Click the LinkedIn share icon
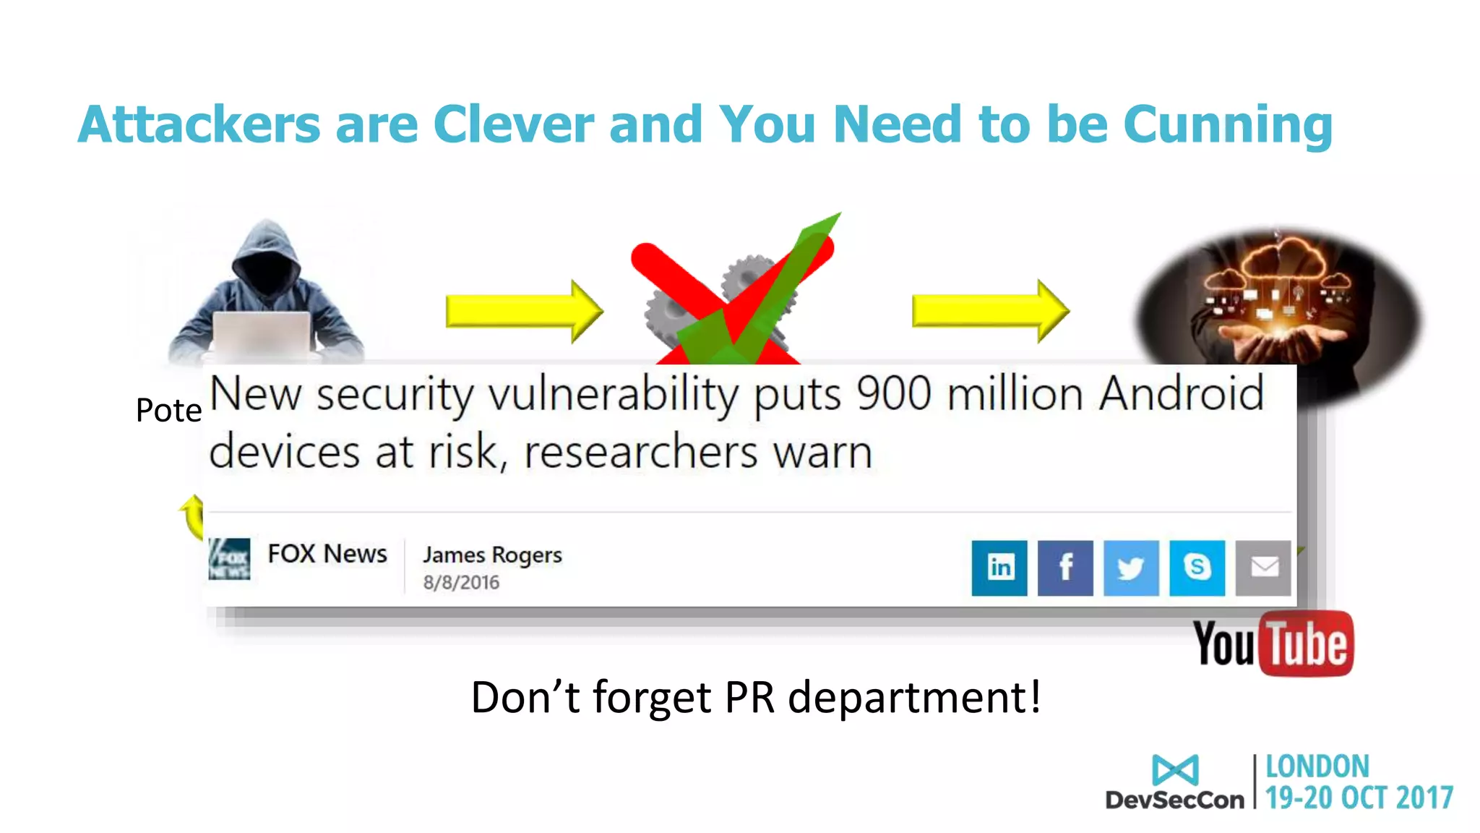coord(999,568)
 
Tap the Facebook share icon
coord(1065,568)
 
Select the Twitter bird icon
coord(1131,568)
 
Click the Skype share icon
coord(1197,568)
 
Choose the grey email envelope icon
coord(1262,568)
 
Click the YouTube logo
coord(1273,643)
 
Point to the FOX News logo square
coord(229,558)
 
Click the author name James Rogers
coord(492,555)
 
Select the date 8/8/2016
coord(461,582)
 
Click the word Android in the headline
coord(1181,394)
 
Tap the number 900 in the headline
coord(893,394)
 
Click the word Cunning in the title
coord(1228,125)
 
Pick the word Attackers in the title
coord(199,125)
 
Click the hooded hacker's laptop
coord(262,334)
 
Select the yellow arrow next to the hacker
coord(523,311)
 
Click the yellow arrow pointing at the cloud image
coord(989,311)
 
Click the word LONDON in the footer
coord(1317,766)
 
